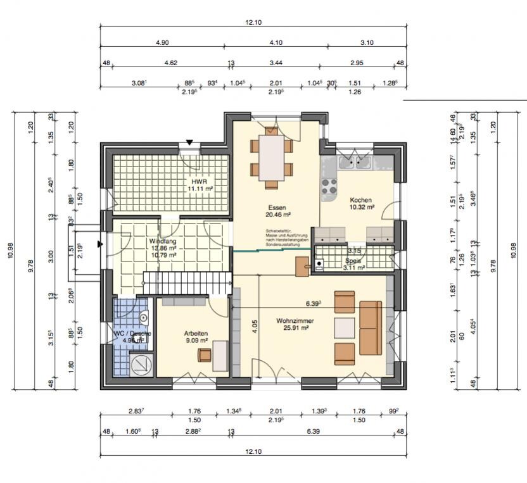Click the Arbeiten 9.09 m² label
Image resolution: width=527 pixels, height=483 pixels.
[196, 336]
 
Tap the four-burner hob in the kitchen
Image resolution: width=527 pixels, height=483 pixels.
[330, 187]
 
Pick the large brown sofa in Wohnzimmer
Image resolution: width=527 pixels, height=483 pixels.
[370, 328]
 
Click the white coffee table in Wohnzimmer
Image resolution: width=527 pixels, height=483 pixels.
[345, 327]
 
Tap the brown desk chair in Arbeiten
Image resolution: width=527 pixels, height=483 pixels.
[204, 355]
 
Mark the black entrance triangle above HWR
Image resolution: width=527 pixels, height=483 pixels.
[189, 142]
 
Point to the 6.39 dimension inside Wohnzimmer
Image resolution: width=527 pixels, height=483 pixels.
[313, 303]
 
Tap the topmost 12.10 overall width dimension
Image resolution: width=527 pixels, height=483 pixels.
[253, 22]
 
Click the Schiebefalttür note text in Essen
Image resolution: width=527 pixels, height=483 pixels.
[287, 237]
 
